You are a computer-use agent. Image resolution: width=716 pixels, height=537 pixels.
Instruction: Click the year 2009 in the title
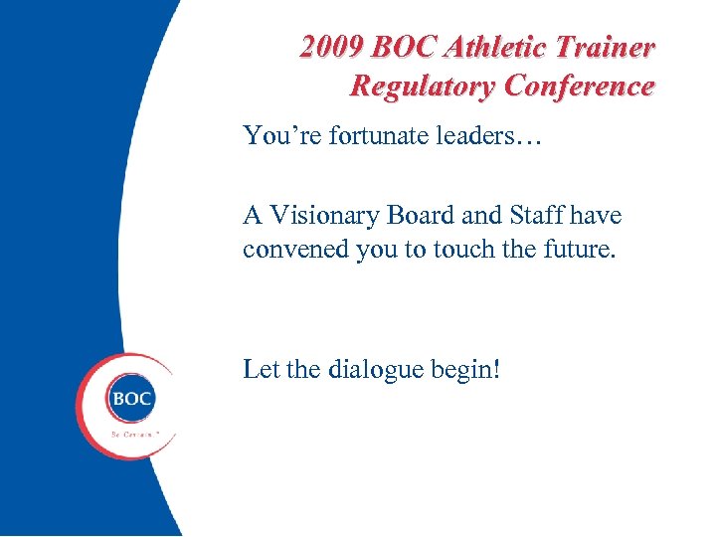click(x=332, y=47)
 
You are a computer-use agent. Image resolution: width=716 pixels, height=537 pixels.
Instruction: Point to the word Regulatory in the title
click(x=423, y=86)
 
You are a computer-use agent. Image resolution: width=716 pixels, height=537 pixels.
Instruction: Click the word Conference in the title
click(x=579, y=86)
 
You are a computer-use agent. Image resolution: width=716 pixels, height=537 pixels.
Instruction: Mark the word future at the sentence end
click(x=578, y=249)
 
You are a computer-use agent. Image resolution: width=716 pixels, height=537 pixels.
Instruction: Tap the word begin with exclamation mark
click(x=466, y=370)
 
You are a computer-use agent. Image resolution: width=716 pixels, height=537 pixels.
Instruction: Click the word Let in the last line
click(x=261, y=370)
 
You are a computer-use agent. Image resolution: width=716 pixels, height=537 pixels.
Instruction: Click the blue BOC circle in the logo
click(x=131, y=399)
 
